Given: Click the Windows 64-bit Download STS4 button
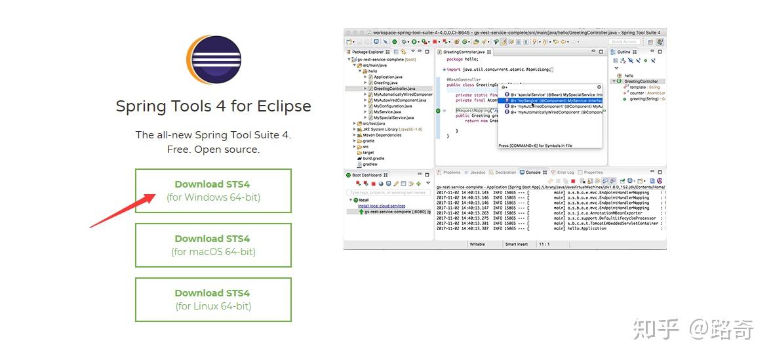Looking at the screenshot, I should pyautogui.click(x=213, y=191).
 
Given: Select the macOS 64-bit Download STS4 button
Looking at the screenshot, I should pyautogui.click(x=213, y=245).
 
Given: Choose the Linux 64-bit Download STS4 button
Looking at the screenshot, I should pyautogui.click(x=213, y=300).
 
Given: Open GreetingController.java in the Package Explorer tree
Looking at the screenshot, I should pyautogui.click(x=394, y=89).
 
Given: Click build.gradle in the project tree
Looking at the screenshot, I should pyautogui.click(x=374, y=159).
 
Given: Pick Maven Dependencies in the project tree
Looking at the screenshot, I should pyautogui.click(x=382, y=135).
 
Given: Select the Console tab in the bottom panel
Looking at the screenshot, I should pyautogui.click(x=533, y=172).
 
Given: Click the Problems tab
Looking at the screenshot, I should pyautogui.click(x=452, y=172).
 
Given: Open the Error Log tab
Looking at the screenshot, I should pyautogui.click(x=565, y=172).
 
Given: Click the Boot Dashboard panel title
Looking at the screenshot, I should pyautogui.click(x=367, y=175).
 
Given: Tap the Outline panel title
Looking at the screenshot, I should pyautogui.click(x=624, y=52).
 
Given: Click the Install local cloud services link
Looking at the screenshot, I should pyautogui.click(x=382, y=206).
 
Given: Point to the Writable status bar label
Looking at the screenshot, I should pyautogui.click(x=477, y=244).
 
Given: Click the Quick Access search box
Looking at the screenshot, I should pyautogui.click(x=624, y=42).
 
